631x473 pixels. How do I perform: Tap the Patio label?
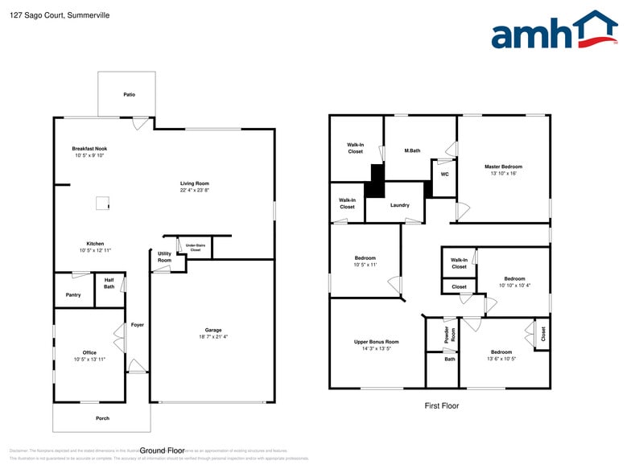point(129,94)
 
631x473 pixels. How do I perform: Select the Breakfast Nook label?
point(89,149)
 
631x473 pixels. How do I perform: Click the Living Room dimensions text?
point(195,191)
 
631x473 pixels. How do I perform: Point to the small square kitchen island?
point(102,204)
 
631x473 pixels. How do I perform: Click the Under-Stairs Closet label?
point(196,247)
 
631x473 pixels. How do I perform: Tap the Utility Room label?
point(164,257)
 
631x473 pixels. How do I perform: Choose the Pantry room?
point(73,295)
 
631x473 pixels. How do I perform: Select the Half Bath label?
point(109,283)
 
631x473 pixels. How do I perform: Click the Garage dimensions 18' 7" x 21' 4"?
point(212,337)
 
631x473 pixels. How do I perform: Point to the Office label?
point(89,352)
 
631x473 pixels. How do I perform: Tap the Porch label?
point(102,418)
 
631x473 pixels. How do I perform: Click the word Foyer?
point(138,325)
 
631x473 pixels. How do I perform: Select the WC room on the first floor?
point(443,174)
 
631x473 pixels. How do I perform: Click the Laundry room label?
point(399,205)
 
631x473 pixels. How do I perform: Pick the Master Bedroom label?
point(503,167)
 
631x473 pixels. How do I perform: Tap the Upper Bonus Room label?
point(377,342)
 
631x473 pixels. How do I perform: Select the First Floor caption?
point(442,406)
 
